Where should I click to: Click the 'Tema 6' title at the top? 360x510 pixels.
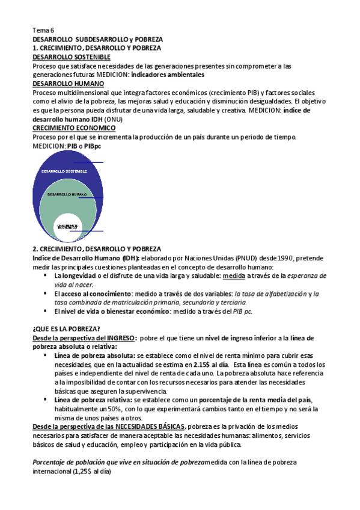tap(43, 29)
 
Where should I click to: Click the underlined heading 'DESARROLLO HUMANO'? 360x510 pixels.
tap(64, 84)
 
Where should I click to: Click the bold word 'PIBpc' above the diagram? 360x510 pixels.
tap(93, 146)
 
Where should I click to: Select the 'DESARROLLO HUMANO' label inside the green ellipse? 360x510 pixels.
tap(67, 195)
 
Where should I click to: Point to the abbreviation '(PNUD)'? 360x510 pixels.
tap(240, 257)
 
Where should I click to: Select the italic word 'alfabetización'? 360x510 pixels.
tap(281, 293)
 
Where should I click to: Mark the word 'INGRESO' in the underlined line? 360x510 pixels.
tap(118, 339)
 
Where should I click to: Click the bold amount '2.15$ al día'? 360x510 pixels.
tap(214, 364)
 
